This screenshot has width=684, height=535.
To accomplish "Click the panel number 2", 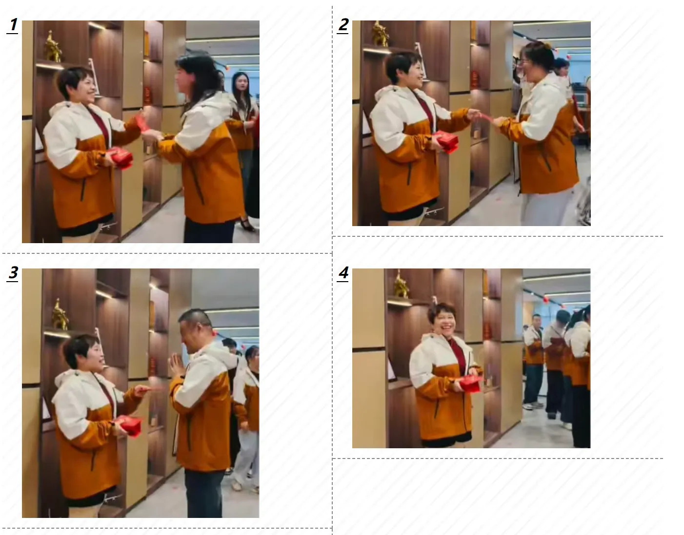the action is (343, 25).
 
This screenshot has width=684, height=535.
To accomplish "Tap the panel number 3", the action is (13, 273).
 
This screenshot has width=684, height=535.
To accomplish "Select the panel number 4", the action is (343, 273).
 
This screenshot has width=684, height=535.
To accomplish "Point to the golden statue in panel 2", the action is (381, 34).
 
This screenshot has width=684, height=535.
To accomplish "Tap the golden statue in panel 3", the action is (60, 314).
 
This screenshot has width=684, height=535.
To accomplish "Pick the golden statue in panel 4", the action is (402, 285).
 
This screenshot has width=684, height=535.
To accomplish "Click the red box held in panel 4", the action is (471, 383).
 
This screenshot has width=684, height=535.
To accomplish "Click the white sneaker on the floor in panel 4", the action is (533, 406).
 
